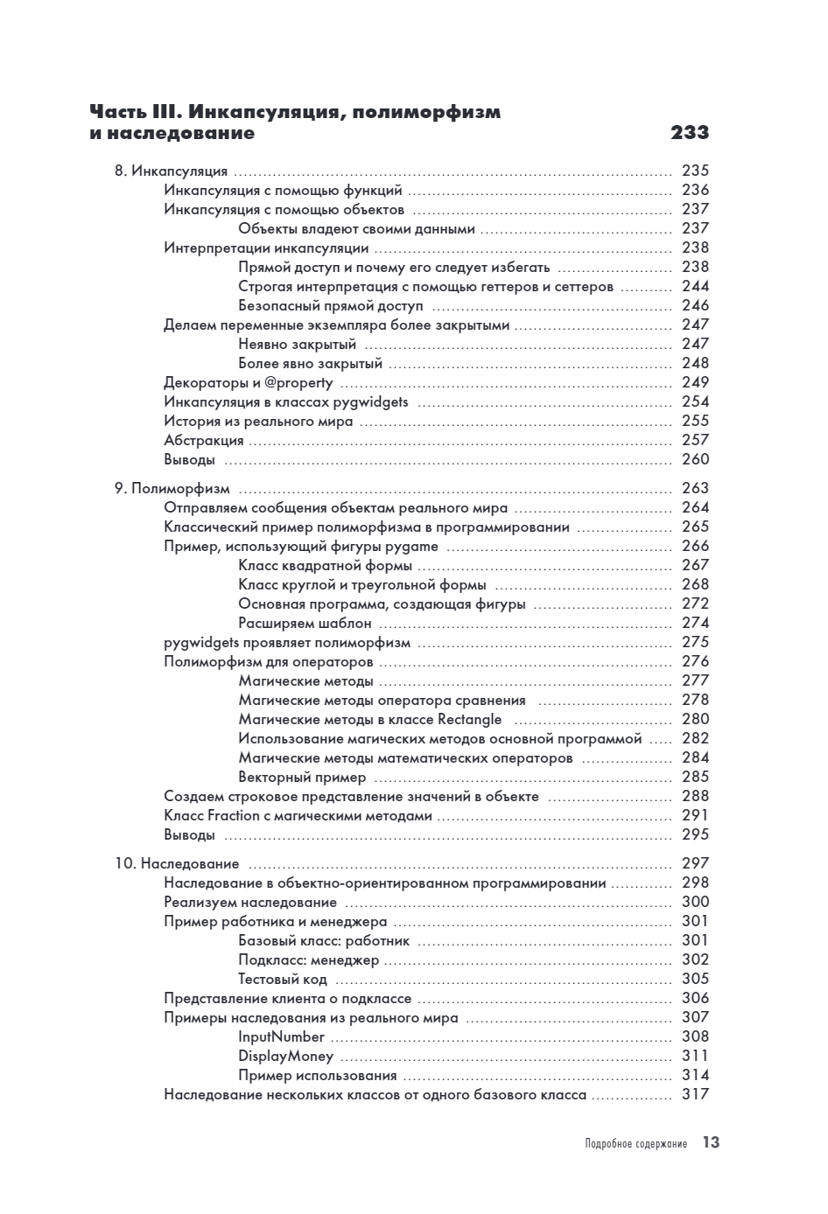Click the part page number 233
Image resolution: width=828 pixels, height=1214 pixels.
[x=689, y=134]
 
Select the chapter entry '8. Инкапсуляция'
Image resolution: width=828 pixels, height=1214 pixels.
[x=171, y=171]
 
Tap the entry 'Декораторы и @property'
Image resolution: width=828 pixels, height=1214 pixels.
[x=249, y=382]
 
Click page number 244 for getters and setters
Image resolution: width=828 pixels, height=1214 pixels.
[x=695, y=286]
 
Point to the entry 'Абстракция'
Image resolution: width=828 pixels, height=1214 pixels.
[x=204, y=440]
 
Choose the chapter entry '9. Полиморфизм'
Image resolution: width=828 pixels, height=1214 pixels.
[x=172, y=488]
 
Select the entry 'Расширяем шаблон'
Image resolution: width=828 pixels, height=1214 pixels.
[x=305, y=624]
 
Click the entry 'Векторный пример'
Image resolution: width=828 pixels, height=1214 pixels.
[x=302, y=778]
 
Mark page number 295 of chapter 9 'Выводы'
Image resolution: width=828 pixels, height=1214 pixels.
[x=695, y=834]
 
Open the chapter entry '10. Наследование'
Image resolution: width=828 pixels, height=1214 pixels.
[x=177, y=864]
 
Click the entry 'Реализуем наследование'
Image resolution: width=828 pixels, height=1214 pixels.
[x=250, y=903]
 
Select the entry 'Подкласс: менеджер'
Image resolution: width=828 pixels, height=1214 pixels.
[x=309, y=960]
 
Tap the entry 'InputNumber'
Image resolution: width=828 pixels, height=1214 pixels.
[x=281, y=1037]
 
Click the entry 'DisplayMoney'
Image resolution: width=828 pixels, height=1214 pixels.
[x=285, y=1057]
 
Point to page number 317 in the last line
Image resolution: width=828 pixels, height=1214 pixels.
[x=695, y=1094]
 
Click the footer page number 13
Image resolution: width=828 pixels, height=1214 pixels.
[x=711, y=1143]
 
